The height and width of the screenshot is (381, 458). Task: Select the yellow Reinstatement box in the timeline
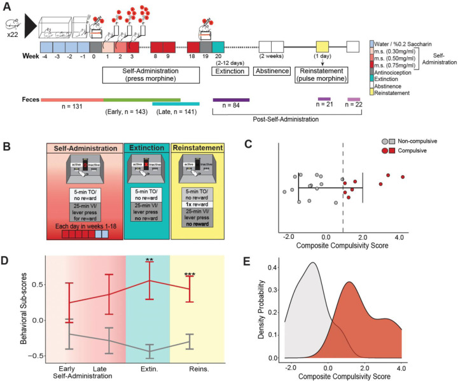click(322, 47)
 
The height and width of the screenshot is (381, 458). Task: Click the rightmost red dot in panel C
click(403, 176)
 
